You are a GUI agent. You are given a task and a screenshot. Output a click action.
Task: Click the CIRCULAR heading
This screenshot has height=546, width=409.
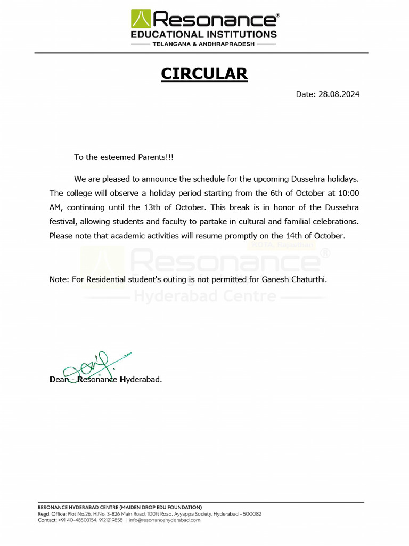[204, 74]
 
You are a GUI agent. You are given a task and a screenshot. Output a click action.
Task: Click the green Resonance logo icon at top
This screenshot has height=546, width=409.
[141, 19]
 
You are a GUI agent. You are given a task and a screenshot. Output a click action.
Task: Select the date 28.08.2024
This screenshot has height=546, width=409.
[339, 94]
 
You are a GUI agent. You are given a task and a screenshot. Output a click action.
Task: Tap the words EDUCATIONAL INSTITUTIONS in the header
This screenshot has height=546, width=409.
[204, 35]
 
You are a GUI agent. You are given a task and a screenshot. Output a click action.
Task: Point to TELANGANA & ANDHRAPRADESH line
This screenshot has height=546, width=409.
[204, 45]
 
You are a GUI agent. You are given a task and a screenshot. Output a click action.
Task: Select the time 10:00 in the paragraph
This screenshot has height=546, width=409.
[349, 192]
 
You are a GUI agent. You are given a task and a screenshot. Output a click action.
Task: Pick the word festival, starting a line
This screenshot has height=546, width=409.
[62, 221]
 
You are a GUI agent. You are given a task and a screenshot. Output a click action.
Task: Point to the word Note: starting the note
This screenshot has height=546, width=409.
[59, 279]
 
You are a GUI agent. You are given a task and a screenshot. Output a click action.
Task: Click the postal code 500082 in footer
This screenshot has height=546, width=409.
[250, 514]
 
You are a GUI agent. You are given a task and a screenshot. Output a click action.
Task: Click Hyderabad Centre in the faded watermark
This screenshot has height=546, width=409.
[205, 295]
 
